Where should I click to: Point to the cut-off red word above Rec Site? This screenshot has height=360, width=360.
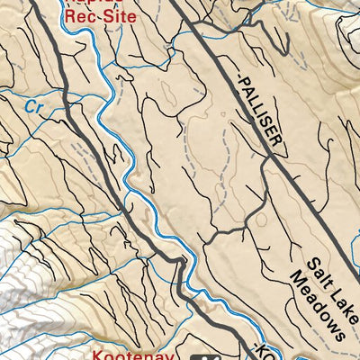tap(90, 3)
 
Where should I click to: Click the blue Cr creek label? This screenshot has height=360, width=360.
tap(34, 104)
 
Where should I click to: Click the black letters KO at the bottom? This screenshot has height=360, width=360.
tap(263, 353)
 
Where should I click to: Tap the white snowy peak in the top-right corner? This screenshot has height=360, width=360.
tap(351, 27)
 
